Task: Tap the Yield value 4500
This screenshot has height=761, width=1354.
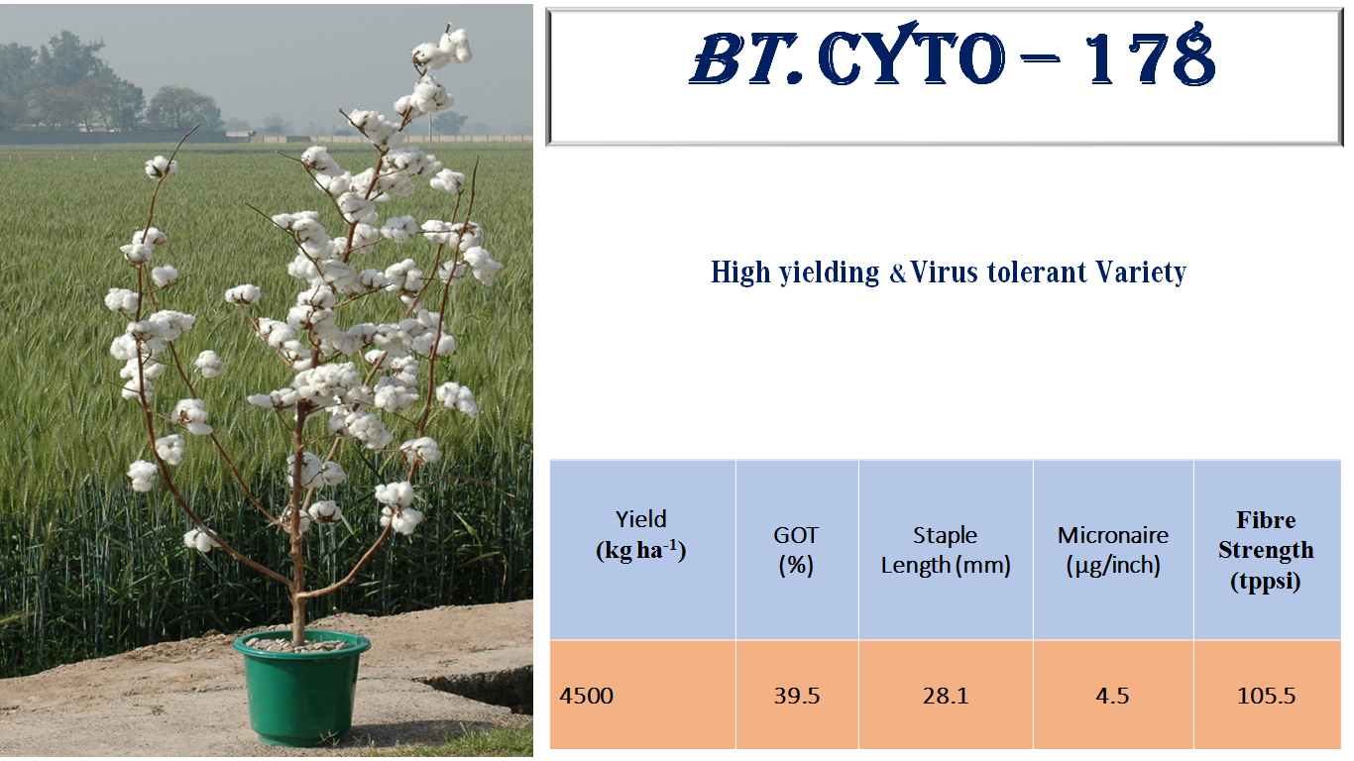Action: [x=587, y=696]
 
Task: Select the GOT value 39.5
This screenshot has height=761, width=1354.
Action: [x=797, y=696]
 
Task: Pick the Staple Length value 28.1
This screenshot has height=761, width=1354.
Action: [x=945, y=696]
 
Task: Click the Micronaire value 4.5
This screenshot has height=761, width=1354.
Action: [x=1112, y=696]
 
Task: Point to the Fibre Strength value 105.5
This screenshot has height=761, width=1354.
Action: [x=1266, y=696]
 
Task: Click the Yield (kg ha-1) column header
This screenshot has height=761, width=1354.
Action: [x=641, y=535]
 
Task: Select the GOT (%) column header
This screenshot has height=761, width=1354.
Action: [x=796, y=550]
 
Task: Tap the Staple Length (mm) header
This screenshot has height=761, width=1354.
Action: [x=945, y=550]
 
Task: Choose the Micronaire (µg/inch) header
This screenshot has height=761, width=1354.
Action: [x=1112, y=550]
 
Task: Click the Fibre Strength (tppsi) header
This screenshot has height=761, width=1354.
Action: [x=1266, y=550]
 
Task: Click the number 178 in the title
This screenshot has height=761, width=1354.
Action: [x=1150, y=59]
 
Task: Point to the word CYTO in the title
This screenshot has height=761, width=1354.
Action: [x=912, y=59]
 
